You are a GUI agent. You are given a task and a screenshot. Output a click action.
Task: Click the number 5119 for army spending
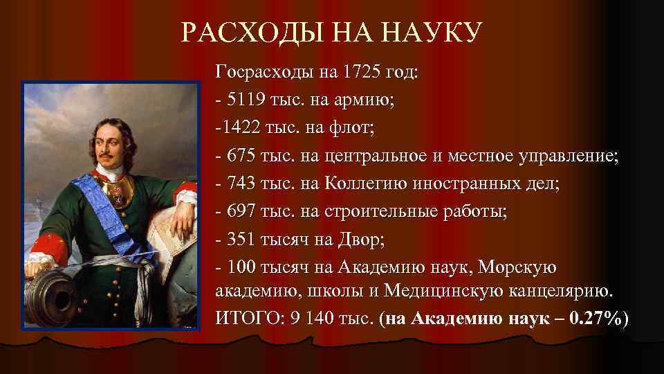pos(242,100)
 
